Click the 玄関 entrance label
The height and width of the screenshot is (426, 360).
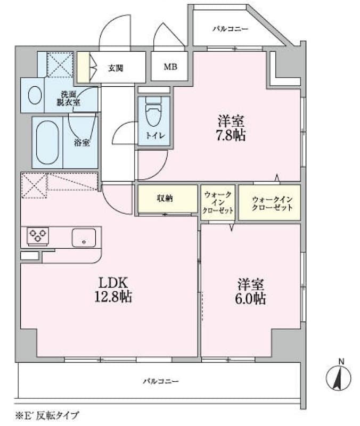tap(116, 68)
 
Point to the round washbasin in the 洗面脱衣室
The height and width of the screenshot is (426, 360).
tap(35, 96)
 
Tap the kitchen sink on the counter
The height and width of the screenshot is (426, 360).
tap(84, 237)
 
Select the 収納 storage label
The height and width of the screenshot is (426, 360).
tap(165, 198)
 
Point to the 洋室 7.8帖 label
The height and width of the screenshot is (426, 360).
tap(231, 128)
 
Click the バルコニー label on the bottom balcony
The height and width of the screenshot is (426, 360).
tap(160, 381)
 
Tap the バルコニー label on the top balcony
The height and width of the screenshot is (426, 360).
tap(230, 29)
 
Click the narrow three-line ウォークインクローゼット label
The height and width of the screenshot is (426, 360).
tap(218, 203)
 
